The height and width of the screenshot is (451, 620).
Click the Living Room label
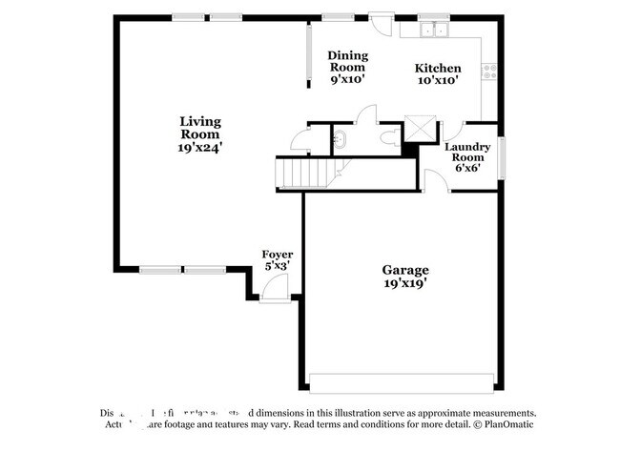point(200,128)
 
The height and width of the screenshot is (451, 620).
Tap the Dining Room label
point(347,62)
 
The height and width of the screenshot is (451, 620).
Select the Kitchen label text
point(438,69)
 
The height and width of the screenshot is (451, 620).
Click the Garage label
point(405,270)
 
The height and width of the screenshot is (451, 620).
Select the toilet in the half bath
point(388,138)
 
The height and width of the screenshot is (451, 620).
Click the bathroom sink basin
point(341,140)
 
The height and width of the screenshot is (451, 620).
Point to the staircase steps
point(301,173)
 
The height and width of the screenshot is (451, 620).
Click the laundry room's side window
point(501,157)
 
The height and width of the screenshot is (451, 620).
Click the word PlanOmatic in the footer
point(510,425)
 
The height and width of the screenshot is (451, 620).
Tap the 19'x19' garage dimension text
point(405,283)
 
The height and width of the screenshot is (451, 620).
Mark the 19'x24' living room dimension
point(200,148)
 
